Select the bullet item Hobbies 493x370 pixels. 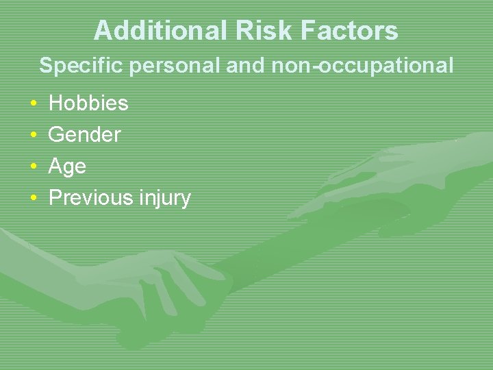coord(88,103)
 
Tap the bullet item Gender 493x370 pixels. coord(84,135)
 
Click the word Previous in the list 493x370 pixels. coord(90,198)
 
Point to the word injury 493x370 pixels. coord(164,199)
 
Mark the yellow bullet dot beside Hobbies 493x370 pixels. coord(34,104)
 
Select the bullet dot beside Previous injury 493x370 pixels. coord(34,199)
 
